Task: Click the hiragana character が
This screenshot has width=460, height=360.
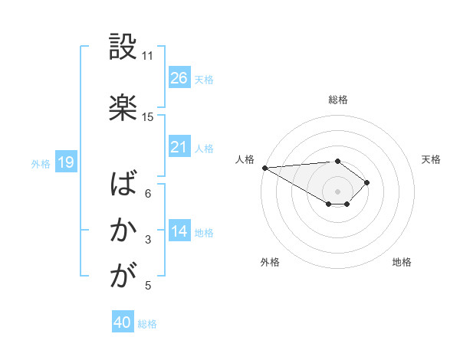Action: click(123, 275)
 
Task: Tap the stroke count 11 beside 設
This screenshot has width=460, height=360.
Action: click(148, 56)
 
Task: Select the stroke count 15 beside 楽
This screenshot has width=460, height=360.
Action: click(148, 117)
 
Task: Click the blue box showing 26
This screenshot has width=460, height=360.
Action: click(179, 77)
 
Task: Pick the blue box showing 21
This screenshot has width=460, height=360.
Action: click(179, 146)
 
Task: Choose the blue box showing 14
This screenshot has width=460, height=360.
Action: click(179, 231)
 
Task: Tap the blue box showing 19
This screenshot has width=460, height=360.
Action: click(65, 162)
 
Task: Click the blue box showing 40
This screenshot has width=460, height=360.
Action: click(123, 322)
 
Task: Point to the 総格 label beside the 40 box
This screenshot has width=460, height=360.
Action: click(148, 324)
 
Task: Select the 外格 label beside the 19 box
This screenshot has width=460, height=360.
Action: click(41, 163)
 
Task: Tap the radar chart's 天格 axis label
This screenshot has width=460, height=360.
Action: click(432, 159)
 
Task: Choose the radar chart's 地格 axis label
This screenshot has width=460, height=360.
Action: click(402, 262)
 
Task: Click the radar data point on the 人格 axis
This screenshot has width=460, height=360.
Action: click(264, 167)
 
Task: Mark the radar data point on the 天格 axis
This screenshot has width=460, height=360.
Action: click(367, 182)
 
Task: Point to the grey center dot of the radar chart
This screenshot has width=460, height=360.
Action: click(337, 191)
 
